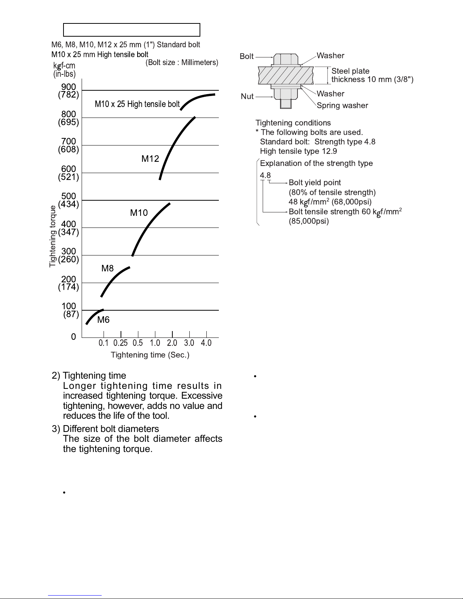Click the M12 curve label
150,159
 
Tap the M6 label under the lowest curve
104,320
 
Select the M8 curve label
107,269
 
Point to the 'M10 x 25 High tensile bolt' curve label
137,104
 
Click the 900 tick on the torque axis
68,87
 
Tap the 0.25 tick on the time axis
121,343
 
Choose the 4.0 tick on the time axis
206,343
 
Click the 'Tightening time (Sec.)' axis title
150,355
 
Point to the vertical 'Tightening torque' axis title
53,236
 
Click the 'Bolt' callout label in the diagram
247,56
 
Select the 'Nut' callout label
247,96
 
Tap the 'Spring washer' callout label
342,106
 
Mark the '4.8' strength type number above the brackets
265,175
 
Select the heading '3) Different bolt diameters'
105,429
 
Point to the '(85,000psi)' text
309,221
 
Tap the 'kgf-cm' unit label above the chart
64,66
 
